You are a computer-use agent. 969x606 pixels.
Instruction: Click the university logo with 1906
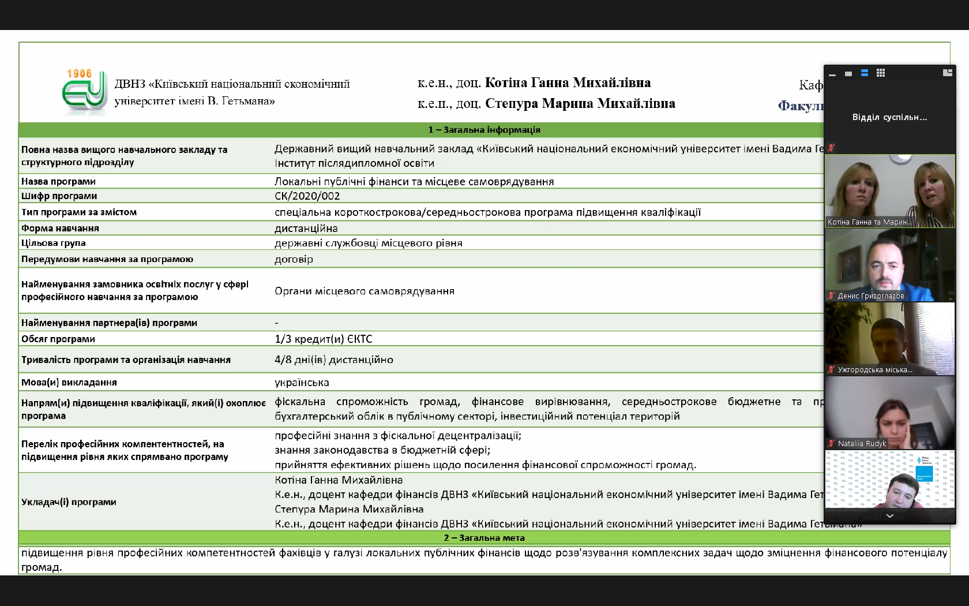[84, 91]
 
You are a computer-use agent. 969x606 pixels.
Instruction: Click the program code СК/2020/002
[307, 196]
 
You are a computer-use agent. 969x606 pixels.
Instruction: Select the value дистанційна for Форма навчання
[306, 229]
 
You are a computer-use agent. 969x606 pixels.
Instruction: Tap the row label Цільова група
[54, 243]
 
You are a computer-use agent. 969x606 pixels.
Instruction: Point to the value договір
[294, 259]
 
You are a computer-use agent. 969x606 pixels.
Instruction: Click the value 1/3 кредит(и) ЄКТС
[323, 339]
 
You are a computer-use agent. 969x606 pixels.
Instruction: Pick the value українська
[302, 382]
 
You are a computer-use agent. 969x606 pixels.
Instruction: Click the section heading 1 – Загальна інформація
[484, 130]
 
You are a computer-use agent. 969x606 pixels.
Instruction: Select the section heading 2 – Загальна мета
[484, 538]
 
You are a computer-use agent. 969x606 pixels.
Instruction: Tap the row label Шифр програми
[59, 196]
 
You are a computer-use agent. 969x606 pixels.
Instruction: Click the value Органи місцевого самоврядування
[364, 291]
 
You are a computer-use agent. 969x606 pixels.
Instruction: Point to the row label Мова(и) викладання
[69, 382]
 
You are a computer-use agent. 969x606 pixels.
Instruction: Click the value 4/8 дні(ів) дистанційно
[333, 360]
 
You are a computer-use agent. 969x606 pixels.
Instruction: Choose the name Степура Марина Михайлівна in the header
[580, 104]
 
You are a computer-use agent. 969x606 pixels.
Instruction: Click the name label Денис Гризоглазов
[870, 296]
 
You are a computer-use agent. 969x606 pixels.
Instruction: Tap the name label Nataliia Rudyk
[862, 444]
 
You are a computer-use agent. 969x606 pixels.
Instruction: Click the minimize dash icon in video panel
[832, 74]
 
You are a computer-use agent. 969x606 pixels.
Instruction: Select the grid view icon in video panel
[881, 73]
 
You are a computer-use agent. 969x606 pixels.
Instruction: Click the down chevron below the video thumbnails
[889, 516]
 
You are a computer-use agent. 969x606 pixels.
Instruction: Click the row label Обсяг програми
[58, 339]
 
